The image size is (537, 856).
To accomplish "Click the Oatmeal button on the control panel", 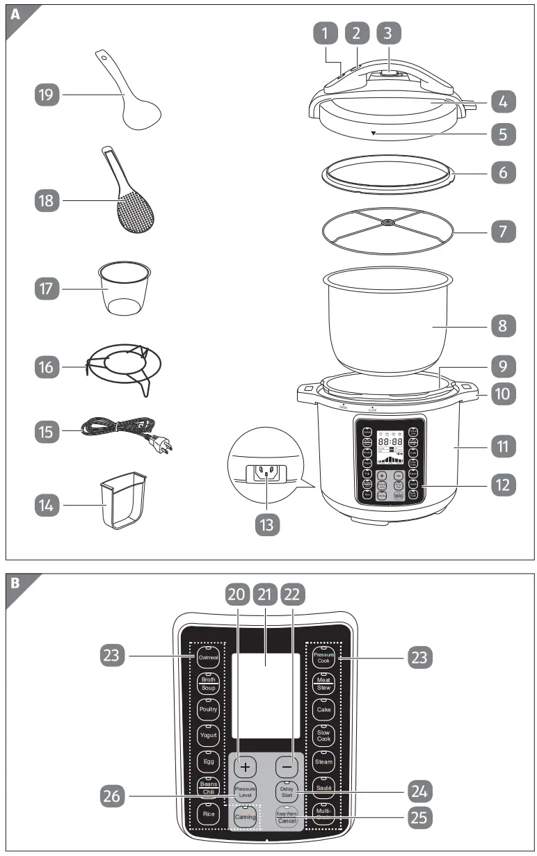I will point(208,657).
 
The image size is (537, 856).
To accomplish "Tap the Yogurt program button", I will point(208,735).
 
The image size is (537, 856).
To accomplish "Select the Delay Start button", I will point(287,791).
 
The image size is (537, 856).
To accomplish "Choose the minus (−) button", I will point(287,766).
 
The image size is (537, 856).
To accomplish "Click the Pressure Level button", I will point(244,791).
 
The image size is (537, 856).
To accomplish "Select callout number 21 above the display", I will point(264,595).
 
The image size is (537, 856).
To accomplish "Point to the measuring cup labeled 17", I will point(126,289).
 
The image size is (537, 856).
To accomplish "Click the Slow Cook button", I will point(323,735).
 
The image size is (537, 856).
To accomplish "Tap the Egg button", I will point(208,761).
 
